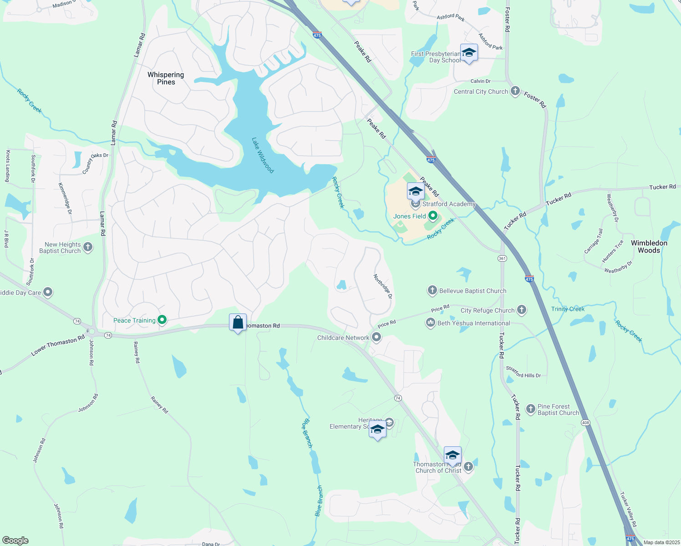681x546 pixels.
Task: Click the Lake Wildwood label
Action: [263, 155]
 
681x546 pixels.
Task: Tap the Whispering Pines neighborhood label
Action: [166, 78]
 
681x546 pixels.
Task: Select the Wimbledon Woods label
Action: [649, 247]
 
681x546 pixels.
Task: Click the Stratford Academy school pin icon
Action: [416, 191]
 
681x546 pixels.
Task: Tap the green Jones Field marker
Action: [433, 216]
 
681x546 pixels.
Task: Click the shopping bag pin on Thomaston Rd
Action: [238, 323]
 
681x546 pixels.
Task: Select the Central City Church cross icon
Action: [515, 91]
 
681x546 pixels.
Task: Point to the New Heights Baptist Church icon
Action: [88, 248]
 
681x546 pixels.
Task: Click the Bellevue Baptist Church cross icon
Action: [432, 290]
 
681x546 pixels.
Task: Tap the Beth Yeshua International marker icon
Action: [430, 323]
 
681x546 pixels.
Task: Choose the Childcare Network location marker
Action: [376, 338]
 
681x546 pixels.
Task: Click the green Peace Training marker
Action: [161, 320]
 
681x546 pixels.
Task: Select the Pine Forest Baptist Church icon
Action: [530, 409]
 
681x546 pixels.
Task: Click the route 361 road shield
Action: [502, 258]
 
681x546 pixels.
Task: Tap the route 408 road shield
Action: [585, 423]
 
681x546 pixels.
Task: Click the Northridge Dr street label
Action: [383, 286]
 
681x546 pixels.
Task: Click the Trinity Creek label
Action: [568, 309]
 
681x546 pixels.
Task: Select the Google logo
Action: [15, 541]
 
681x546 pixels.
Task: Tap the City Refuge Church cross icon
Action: [522, 310]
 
